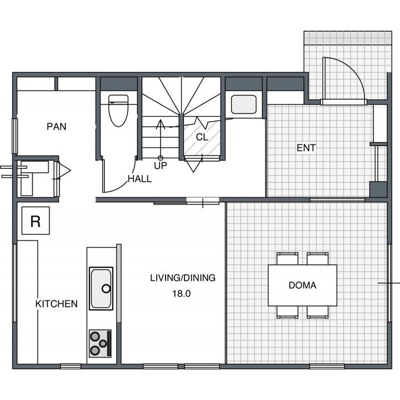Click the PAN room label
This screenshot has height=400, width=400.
[56, 127]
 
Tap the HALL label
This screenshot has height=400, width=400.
[140, 179]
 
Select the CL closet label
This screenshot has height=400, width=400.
[202, 137]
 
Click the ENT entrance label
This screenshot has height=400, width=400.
[306, 148]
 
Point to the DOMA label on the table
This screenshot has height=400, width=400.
[303, 285]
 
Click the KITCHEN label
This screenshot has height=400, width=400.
[56, 304]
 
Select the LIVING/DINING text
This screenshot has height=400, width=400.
[183, 278]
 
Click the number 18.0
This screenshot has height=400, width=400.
[181, 294]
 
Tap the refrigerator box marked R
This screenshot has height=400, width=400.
[36, 221]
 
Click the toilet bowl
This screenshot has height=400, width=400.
[118, 111]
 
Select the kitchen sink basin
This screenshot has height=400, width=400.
[101, 288]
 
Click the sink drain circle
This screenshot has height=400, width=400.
[106, 289]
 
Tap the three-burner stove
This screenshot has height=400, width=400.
[100, 343]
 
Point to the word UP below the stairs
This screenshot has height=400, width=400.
[161, 166]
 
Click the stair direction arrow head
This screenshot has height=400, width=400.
[161, 123]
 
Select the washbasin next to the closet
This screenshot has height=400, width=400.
[244, 104]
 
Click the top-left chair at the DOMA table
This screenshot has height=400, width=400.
[288, 258]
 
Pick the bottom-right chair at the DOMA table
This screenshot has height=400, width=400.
[318, 312]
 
